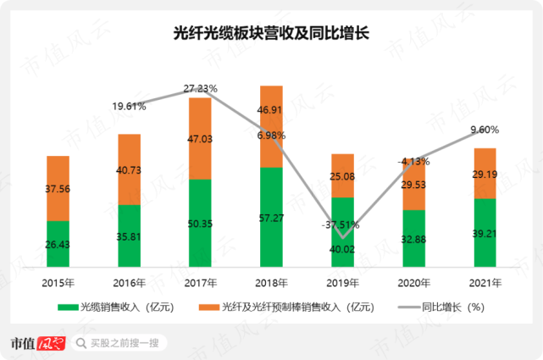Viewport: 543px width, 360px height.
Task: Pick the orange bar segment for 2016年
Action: click(129, 169)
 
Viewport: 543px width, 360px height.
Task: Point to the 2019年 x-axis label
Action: click(342, 281)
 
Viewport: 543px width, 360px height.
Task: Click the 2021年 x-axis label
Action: click(485, 281)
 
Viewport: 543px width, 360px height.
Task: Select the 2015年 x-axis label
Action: click(58, 281)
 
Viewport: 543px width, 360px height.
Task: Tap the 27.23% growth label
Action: click(201, 88)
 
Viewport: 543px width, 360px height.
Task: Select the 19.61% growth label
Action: click(129, 107)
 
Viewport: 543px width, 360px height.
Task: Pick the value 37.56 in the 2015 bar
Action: click(58, 189)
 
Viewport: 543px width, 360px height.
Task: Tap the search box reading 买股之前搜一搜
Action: click(119, 343)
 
